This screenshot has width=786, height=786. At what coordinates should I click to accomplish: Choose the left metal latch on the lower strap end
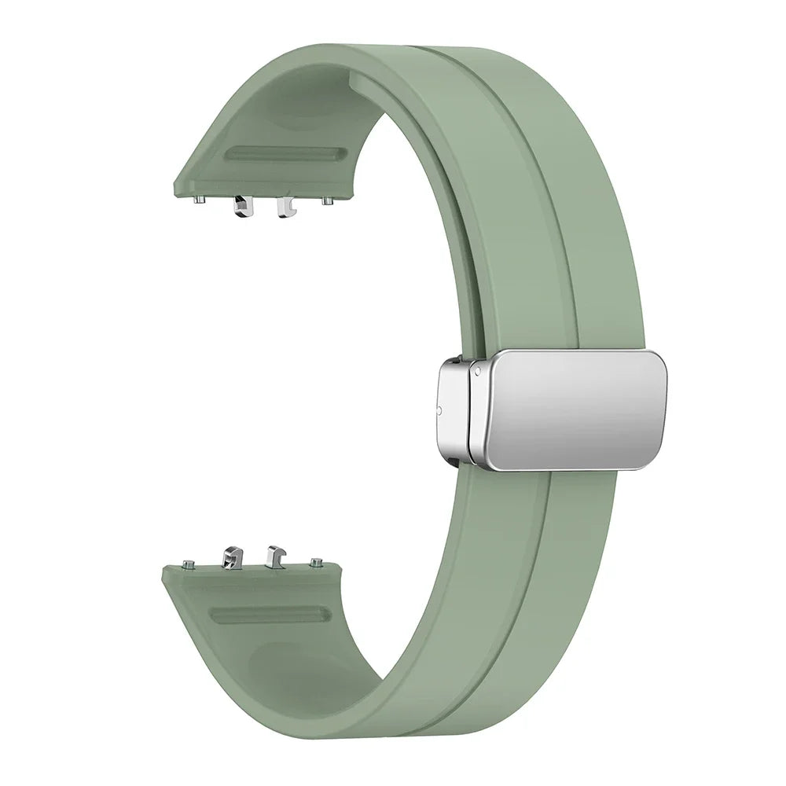[x=233, y=557]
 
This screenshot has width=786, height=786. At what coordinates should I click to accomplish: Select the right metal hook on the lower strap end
[x=274, y=556]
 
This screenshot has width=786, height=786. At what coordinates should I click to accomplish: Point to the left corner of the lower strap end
[x=163, y=568]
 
